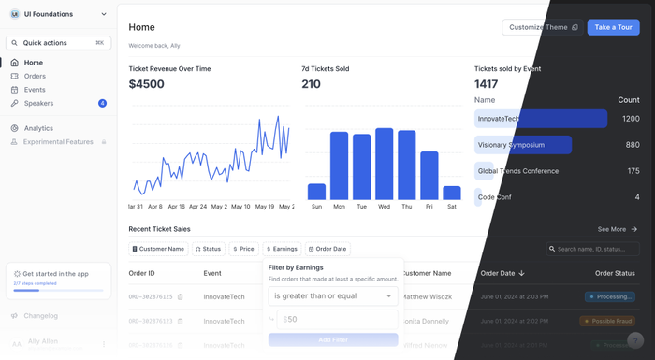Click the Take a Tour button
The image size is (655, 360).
(x=613, y=27)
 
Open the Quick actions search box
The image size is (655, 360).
(x=58, y=43)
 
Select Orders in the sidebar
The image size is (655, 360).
(x=35, y=76)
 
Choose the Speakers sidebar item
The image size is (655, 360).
(x=38, y=103)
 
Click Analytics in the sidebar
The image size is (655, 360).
(x=38, y=128)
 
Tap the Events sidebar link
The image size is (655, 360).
(x=35, y=90)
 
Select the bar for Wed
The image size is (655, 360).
(x=384, y=164)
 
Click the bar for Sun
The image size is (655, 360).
(x=316, y=191)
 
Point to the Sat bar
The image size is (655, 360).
(x=451, y=193)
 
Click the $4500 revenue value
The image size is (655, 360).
(x=147, y=84)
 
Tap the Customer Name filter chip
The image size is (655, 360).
(x=158, y=249)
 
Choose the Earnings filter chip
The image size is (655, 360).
(x=282, y=249)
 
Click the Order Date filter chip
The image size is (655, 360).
(x=327, y=249)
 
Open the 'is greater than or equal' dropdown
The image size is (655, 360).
(x=332, y=296)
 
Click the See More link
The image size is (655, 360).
(x=618, y=229)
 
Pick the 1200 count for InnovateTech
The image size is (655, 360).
(x=631, y=119)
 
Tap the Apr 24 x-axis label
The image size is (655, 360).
(x=197, y=207)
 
